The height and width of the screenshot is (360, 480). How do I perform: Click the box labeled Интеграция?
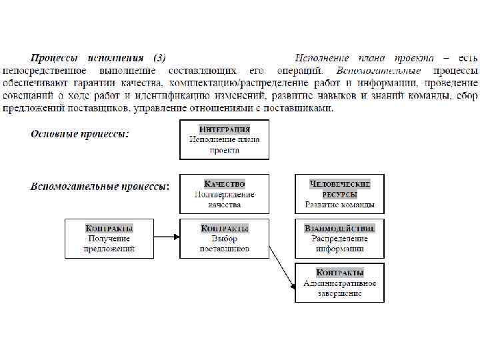tap(224, 139)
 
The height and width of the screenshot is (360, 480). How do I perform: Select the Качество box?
tap(224, 193)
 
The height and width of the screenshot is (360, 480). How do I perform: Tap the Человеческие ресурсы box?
tap(339, 193)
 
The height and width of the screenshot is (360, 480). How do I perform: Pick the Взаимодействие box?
tap(339, 238)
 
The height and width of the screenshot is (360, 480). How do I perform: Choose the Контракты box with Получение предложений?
tap(109, 238)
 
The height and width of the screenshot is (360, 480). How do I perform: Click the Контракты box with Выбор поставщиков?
tap(224, 238)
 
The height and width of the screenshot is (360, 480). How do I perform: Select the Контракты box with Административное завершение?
tap(339, 283)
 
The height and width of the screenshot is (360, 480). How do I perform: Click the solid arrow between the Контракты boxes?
tap(166, 236)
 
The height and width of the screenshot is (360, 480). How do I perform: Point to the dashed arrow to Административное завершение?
tap(282, 267)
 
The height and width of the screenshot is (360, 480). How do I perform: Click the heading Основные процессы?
tap(80, 134)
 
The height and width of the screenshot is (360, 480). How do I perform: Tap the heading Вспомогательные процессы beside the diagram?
tap(100, 186)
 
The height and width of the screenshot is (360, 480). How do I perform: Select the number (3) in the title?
tap(159, 58)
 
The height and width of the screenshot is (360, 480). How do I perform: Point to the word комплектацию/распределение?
tap(225, 83)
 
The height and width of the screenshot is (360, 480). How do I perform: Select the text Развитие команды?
tap(339, 205)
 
